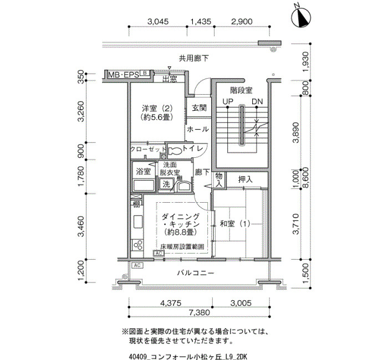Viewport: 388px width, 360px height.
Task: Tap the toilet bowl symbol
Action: tap(175, 151)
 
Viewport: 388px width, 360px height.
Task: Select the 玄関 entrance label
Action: tap(199, 107)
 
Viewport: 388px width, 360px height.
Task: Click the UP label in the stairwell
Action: tap(228, 101)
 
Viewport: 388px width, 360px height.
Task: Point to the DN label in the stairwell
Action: tap(257, 101)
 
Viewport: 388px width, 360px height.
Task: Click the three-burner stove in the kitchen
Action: tap(137, 245)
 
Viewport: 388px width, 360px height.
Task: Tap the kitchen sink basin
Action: tap(138, 222)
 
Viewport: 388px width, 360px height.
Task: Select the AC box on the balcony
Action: tap(137, 265)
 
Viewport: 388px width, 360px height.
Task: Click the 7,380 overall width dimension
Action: tap(199, 312)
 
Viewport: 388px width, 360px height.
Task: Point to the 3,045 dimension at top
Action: tap(158, 22)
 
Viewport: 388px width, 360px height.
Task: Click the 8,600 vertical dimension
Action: tap(305, 178)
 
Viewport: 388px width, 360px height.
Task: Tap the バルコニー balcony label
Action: tap(196, 273)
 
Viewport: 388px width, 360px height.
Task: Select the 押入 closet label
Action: tap(245, 179)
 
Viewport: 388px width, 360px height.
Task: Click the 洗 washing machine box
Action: tap(166, 184)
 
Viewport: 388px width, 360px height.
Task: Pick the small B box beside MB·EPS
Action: tap(145, 73)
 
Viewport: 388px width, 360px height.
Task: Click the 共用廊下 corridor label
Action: tap(194, 58)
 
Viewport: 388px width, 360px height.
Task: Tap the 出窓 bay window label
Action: tap(170, 79)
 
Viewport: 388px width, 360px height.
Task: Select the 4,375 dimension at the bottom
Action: tap(171, 303)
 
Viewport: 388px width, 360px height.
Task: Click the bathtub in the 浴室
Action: tap(144, 185)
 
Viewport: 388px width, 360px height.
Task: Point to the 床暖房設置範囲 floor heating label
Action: tap(182, 246)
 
